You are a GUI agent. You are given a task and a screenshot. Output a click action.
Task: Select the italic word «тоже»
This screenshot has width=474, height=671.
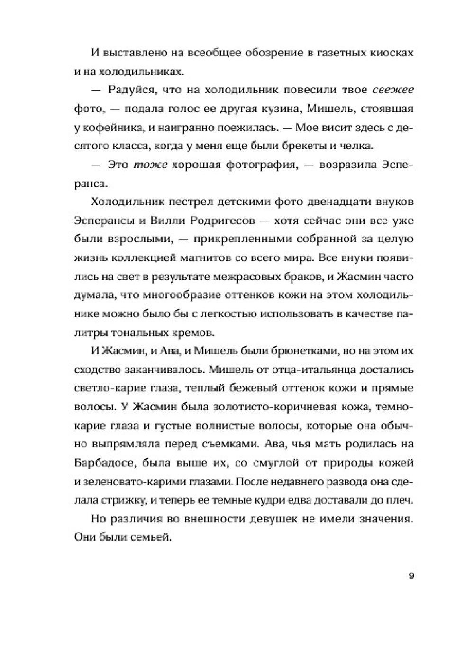point(151,165)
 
